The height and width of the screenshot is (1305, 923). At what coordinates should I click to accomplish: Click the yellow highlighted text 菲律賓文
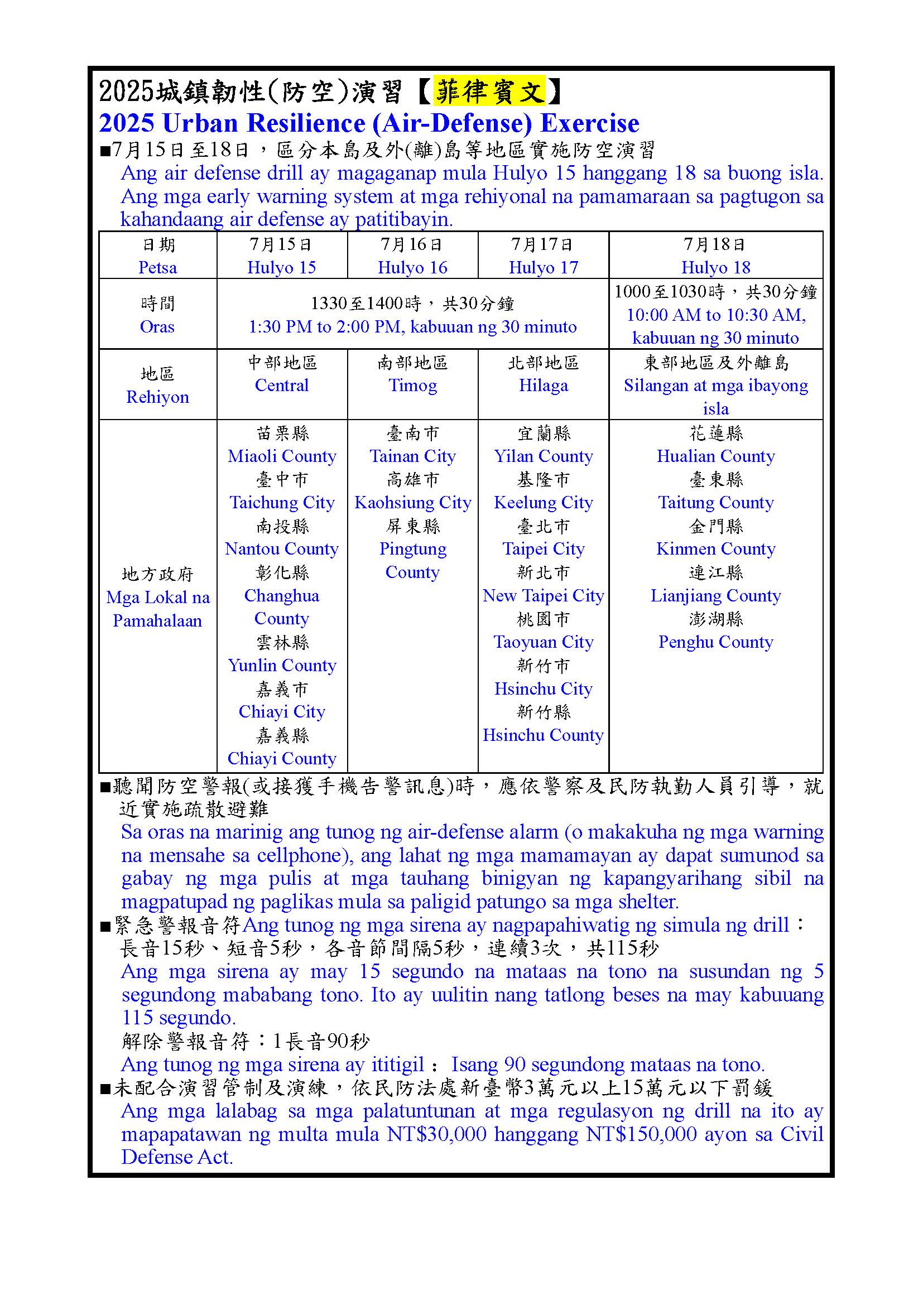click(x=489, y=91)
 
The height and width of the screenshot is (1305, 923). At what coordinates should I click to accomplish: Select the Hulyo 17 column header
click(x=543, y=267)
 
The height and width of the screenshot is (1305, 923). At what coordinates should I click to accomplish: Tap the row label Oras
click(x=157, y=326)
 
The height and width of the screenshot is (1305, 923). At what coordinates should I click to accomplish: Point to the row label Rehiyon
click(x=157, y=397)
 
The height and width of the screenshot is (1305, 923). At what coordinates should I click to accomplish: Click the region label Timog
click(x=412, y=386)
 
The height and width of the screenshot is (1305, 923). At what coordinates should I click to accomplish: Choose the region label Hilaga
click(x=543, y=386)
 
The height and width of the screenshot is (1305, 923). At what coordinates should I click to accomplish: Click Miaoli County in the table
click(x=282, y=456)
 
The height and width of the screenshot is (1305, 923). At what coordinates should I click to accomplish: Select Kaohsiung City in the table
click(x=412, y=503)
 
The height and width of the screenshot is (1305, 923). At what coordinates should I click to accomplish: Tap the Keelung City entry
click(x=543, y=503)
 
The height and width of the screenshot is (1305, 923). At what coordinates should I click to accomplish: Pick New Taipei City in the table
click(x=543, y=596)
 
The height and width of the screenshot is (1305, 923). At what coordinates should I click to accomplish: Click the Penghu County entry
click(x=715, y=642)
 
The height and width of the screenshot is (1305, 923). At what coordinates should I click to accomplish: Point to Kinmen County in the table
click(x=715, y=549)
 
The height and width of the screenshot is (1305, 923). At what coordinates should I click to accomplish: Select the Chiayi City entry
click(x=282, y=711)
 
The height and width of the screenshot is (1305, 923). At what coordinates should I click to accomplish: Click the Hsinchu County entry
click(x=543, y=735)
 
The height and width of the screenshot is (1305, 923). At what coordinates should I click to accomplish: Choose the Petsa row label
click(x=157, y=267)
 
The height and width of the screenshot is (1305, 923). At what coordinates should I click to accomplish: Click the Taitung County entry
click(x=715, y=503)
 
